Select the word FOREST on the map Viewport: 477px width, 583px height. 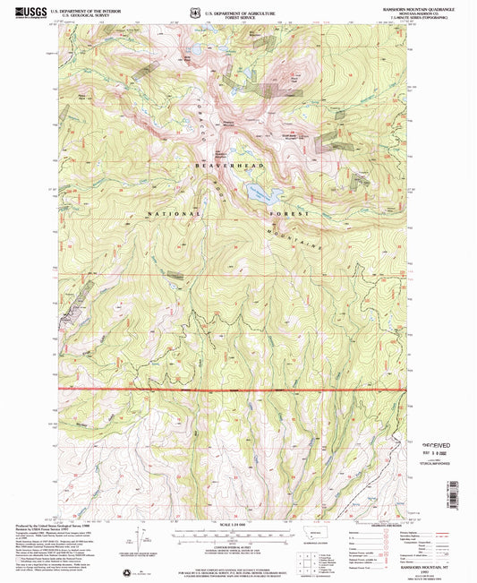[290, 215]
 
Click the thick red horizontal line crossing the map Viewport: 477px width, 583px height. [233, 390]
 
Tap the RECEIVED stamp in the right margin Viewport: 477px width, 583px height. [439, 444]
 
